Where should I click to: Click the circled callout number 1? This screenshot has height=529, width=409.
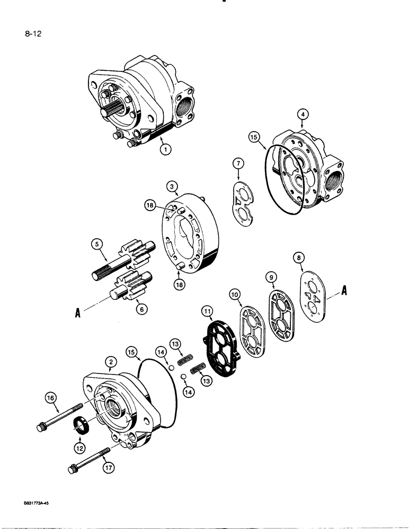tap(165, 150)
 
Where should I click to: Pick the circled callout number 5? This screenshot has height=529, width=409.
tap(96, 244)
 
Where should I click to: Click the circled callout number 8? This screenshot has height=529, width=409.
tap(300, 258)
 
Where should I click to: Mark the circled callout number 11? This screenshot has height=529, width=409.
tap(207, 311)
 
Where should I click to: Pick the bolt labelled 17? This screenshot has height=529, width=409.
tap(87, 459)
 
